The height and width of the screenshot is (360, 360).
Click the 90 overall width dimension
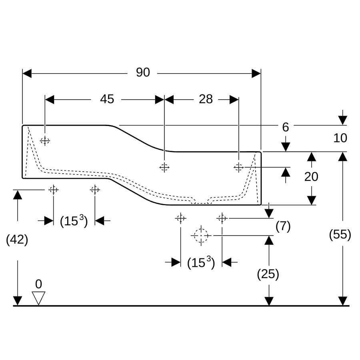pos(143,72)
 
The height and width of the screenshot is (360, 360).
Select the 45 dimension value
pos(107,99)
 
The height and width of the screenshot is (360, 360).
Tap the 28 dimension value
pos(206,99)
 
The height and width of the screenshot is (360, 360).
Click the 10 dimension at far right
pos(340,138)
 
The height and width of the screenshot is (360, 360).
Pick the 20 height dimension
pos(311,176)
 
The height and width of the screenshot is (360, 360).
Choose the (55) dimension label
pos(340,235)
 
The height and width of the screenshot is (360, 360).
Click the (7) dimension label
pos(283,226)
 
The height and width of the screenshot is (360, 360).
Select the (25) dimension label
pos(268,274)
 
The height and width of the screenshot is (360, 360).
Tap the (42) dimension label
pos(17,240)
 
